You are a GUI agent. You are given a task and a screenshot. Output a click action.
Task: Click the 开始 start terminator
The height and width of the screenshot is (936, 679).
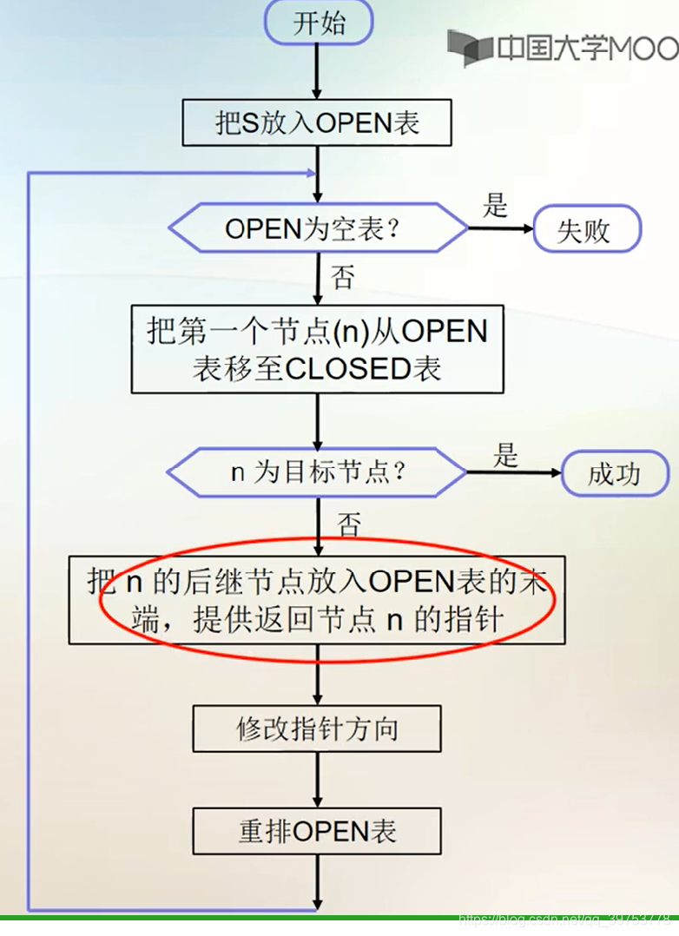pyautogui.click(x=319, y=23)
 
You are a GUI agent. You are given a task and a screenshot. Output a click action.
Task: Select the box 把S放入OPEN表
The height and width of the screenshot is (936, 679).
pyautogui.click(x=317, y=122)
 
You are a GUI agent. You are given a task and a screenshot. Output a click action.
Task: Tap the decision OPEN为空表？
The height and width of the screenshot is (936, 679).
pyautogui.click(x=318, y=229)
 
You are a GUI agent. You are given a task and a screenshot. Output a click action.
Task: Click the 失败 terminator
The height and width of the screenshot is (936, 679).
pyautogui.click(x=586, y=231)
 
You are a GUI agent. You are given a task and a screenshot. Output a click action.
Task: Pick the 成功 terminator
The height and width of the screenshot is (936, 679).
pyautogui.click(x=615, y=474)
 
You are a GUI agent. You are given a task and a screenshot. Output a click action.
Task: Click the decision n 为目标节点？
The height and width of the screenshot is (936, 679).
pyautogui.click(x=318, y=473)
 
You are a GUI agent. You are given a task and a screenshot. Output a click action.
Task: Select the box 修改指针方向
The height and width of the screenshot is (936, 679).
pyautogui.click(x=317, y=728)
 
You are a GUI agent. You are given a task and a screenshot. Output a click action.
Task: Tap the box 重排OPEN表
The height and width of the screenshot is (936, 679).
pyautogui.click(x=317, y=832)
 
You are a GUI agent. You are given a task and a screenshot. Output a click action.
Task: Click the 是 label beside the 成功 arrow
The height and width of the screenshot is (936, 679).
pyautogui.click(x=505, y=453)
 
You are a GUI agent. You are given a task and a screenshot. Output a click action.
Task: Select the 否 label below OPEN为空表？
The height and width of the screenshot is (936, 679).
pyautogui.click(x=343, y=277)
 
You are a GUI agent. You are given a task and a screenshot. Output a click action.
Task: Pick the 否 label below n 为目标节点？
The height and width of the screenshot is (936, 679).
pyautogui.click(x=348, y=524)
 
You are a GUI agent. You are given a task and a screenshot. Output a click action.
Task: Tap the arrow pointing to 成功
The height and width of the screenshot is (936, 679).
pyautogui.click(x=514, y=473)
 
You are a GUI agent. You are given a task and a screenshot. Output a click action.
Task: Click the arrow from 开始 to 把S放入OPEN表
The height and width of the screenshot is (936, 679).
pyautogui.click(x=317, y=71)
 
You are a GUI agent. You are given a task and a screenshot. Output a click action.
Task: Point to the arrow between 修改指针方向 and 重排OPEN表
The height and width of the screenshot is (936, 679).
pyautogui.click(x=317, y=780)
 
